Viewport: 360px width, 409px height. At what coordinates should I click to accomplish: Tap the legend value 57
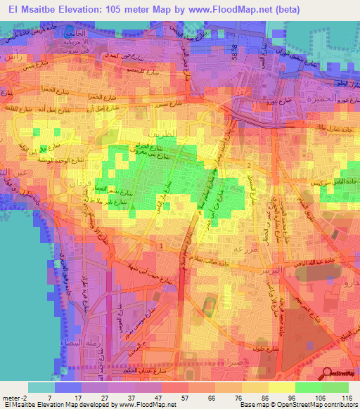173,398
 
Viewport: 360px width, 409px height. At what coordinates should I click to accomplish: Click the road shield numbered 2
249,164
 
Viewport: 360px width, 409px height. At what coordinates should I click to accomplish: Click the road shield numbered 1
162,245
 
